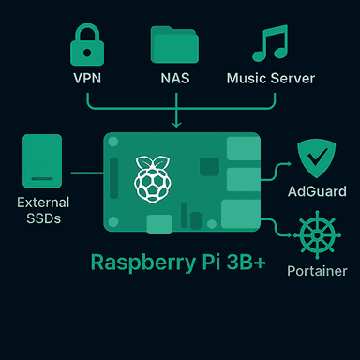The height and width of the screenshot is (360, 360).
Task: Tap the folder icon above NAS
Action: point(174,44)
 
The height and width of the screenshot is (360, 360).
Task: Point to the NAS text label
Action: point(174,78)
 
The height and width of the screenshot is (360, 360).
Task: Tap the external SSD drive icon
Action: point(41,163)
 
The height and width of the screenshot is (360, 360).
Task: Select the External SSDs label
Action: point(42,209)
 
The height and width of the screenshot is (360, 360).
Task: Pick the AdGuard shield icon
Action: point(315,156)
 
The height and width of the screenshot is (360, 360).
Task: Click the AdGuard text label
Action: point(315,191)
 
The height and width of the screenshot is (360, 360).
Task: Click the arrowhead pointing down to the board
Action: point(176,123)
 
